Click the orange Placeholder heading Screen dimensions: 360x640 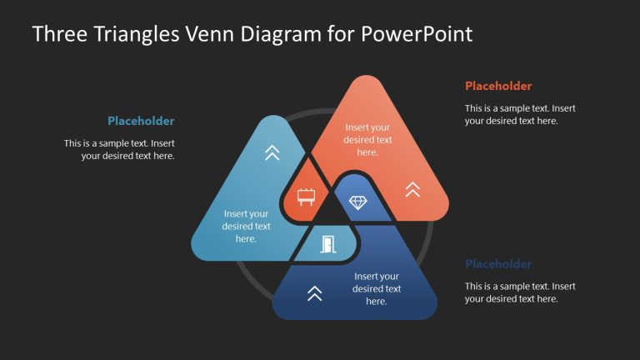click(498, 86)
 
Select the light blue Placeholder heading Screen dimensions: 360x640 click(141, 121)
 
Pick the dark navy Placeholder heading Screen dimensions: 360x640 click(498, 264)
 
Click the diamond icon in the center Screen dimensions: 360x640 click(357, 202)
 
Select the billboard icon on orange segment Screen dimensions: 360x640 click(306, 197)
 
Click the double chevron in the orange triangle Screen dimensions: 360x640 click(412, 189)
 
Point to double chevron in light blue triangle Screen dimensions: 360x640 click(272, 152)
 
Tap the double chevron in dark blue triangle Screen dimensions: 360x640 click(314, 292)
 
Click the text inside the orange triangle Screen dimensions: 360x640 click(367, 140)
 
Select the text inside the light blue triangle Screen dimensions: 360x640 click(246, 227)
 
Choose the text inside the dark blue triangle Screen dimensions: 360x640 click(377, 288)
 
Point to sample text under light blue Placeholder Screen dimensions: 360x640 click(119, 149)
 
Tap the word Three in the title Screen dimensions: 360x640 click(58, 34)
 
